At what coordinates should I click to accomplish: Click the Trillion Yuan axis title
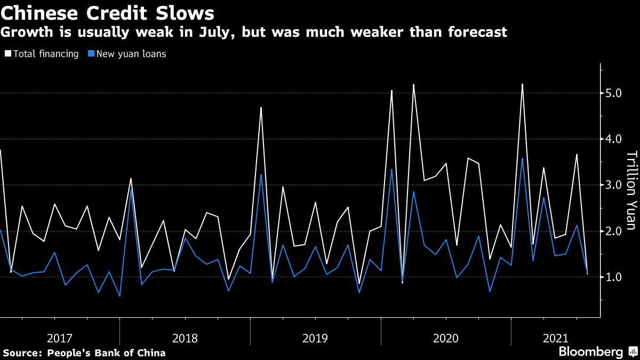(x=630, y=191)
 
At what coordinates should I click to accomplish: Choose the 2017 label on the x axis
(x=60, y=338)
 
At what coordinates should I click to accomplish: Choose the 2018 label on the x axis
(x=185, y=338)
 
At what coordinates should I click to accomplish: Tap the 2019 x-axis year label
(x=315, y=338)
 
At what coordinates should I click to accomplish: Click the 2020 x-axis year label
(x=446, y=338)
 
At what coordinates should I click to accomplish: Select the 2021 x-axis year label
(x=555, y=338)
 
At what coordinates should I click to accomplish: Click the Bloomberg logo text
(x=590, y=352)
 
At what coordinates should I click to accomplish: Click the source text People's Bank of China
(x=106, y=353)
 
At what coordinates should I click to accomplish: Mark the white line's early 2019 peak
(x=261, y=108)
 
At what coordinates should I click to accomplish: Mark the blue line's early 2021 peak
(x=522, y=158)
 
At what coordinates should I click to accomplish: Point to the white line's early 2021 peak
(x=522, y=84)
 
